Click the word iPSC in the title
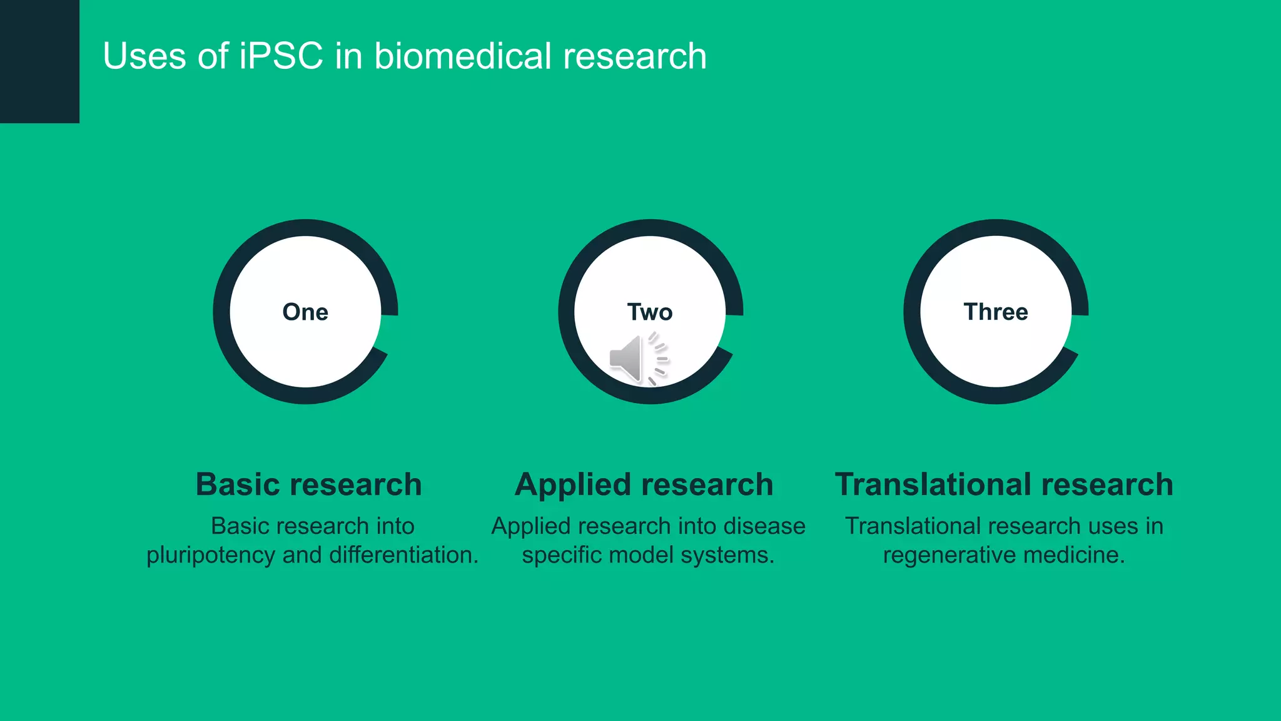click(x=281, y=56)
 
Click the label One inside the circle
click(x=305, y=312)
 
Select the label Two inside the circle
click(x=650, y=312)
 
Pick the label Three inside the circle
click(x=996, y=312)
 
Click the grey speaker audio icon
click(x=637, y=359)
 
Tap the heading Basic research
click(x=308, y=484)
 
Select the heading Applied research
click(x=644, y=484)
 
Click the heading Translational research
click(x=1004, y=484)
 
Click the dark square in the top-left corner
click(x=39, y=61)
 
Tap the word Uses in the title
click(x=144, y=56)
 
